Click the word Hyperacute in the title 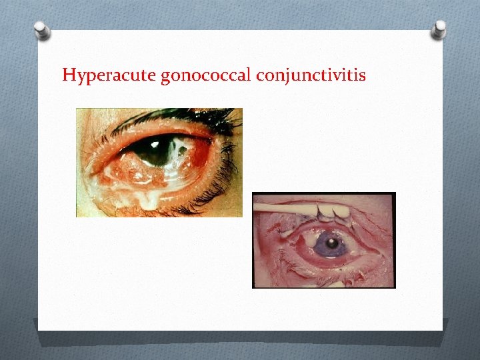point(109,75)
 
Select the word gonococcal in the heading point(206,75)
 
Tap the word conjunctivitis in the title point(310,75)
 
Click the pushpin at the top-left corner point(42,31)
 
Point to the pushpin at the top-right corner point(438,29)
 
